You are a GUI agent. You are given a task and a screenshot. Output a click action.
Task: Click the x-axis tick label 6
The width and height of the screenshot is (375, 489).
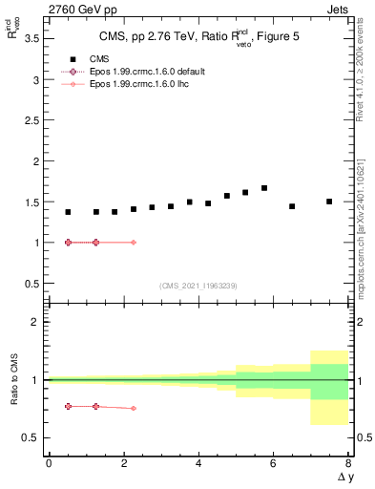(274, 463)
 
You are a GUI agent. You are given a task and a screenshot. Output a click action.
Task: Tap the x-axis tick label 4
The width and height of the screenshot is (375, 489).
(198, 463)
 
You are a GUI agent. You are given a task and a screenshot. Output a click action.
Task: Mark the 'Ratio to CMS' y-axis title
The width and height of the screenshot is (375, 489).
(14, 379)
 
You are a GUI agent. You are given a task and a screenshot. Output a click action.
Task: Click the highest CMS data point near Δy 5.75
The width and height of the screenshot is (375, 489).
(264, 188)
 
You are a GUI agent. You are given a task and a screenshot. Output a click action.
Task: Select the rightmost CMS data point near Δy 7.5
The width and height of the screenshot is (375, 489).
(329, 202)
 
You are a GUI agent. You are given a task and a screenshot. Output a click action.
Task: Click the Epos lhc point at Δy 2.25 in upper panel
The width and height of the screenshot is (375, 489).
(133, 243)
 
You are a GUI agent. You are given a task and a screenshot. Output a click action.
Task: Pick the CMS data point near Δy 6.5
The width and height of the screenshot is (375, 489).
(292, 206)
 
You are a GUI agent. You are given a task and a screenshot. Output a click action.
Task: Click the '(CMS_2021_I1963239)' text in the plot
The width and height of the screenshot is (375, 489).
(198, 286)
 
